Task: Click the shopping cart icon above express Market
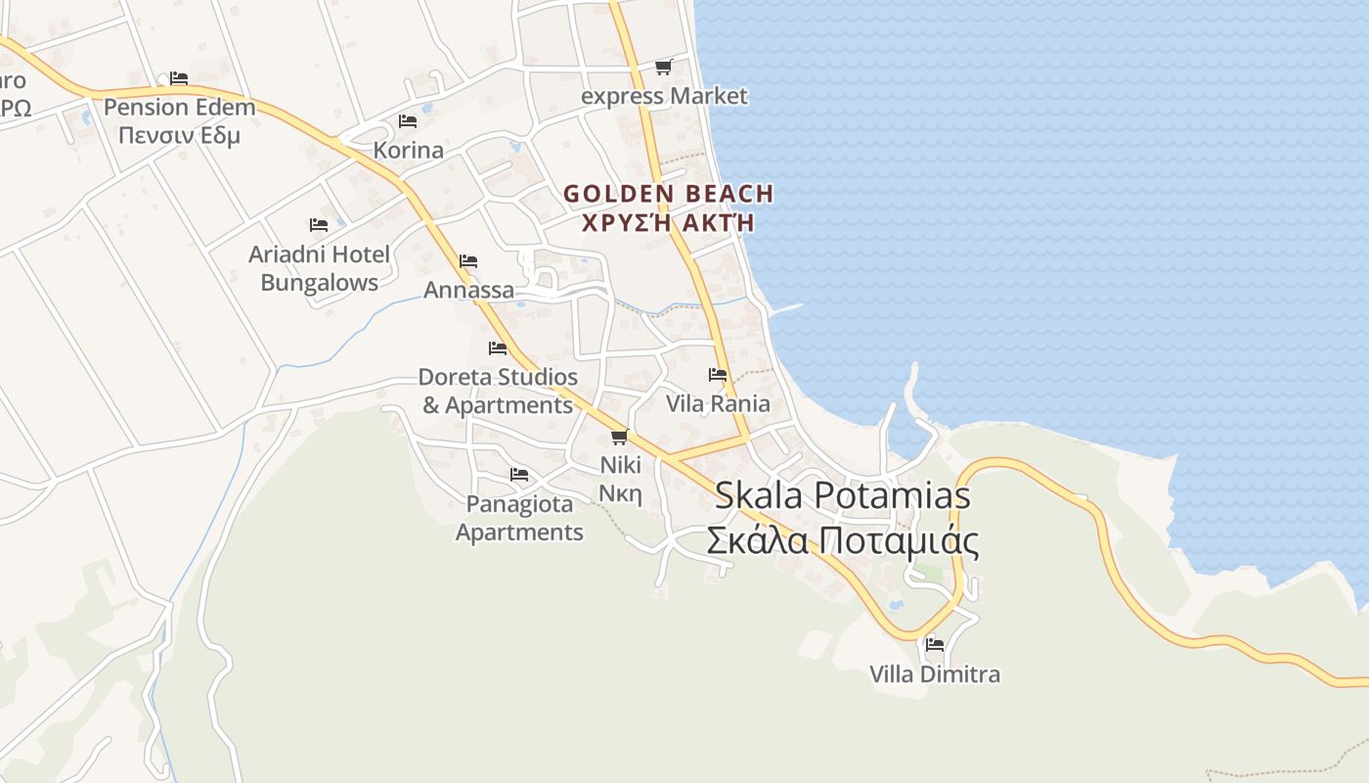663,67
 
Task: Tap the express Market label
663,96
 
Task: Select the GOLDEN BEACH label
668,194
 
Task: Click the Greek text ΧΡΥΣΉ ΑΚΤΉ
668,222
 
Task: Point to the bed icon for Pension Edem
178,78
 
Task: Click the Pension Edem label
179,107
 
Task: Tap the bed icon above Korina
408,121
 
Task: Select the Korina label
408,151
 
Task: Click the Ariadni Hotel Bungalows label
319,268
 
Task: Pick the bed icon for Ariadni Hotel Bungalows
318,225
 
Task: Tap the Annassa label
468,290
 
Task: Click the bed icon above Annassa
468,261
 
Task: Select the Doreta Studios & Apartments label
498,391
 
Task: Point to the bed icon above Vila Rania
718,375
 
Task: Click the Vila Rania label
718,403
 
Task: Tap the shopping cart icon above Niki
619,437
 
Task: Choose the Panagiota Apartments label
519,518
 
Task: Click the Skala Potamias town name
842,495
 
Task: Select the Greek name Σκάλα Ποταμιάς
842,540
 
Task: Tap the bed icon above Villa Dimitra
935,645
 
